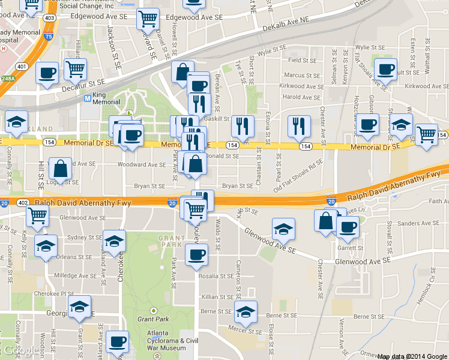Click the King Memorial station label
pyautogui.click(x=107, y=98)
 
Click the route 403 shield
pyautogui.click(x=50, y=18)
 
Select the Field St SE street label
pyautogui.click(x=303, y=60)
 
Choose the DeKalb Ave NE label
pyautogui.click(x=288, y=23)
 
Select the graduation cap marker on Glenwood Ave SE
pyautogui.click(x=283, y=228)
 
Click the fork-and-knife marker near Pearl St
pyautogui.click(x=298, y=125)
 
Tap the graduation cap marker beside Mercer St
pyautogui.click(x=246, y=312)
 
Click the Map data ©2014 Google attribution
pyautogui.click(x=412, y=356)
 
